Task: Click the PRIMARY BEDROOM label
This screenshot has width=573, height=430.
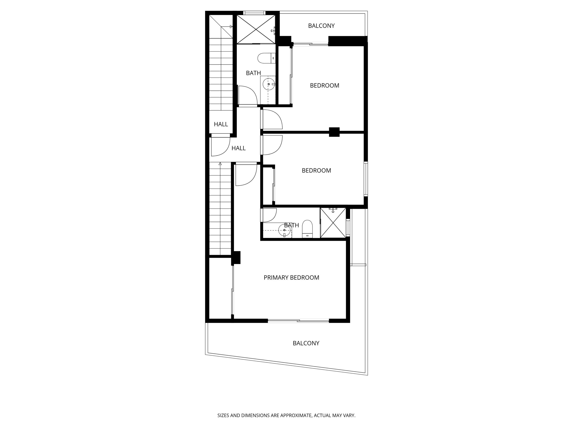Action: point(291,277)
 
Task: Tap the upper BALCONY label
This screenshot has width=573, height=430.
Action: point(321,26)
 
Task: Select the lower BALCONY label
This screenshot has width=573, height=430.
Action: point(306,343)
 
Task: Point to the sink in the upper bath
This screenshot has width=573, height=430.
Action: point(269,84)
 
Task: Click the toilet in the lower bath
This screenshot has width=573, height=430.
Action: point(308,229)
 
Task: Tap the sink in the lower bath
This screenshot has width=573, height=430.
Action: point(284,230)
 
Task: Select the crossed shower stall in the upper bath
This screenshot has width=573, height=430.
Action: point(256,29)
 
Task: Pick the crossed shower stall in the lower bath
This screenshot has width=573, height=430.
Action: point(333,223)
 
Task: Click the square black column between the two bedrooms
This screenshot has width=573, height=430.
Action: point(334,132)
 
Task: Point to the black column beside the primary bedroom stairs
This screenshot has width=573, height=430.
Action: point(236,258)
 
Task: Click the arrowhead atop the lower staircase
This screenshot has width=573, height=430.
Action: point(220,164)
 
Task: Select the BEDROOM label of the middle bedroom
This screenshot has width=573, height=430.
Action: point(316,171)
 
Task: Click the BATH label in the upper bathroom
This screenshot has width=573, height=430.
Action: point(253,73)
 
